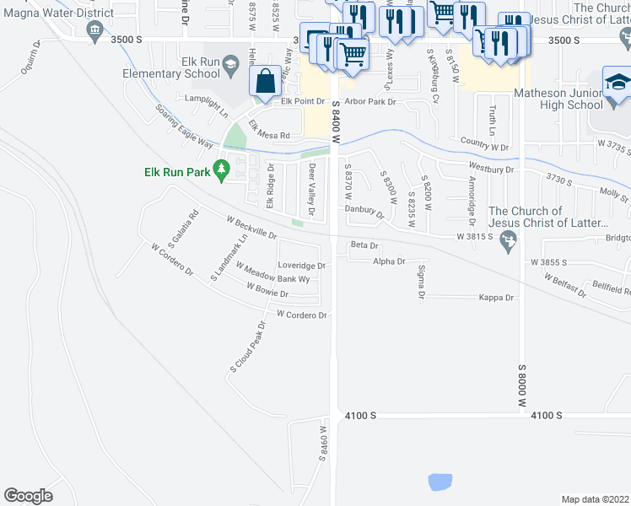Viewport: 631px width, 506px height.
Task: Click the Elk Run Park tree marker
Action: pyautogui.click(x=222, y=170)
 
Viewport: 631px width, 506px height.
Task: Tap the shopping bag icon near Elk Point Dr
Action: pyautogui.click(x=266, y=82)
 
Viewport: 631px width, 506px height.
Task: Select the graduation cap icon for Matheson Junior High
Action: pyautogui.click(x=617, y=83)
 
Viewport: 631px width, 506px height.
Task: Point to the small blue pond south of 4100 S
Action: pyautogui.click(x=440, y=482)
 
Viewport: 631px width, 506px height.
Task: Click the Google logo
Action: pyautogui.click(x=28, y=496)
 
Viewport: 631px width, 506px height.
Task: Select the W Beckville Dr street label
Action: pyautogui.click(x=251, y=226)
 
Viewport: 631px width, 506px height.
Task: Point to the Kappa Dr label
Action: pyautogui.click(x=496, y=298)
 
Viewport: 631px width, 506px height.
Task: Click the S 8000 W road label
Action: pyautogui.click(x=521, y=386)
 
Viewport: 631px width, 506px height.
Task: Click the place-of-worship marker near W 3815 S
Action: pyautogui.click(x=508, y=242)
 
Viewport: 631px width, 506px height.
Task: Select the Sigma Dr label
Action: pyautogui.click(x=420, y=282)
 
